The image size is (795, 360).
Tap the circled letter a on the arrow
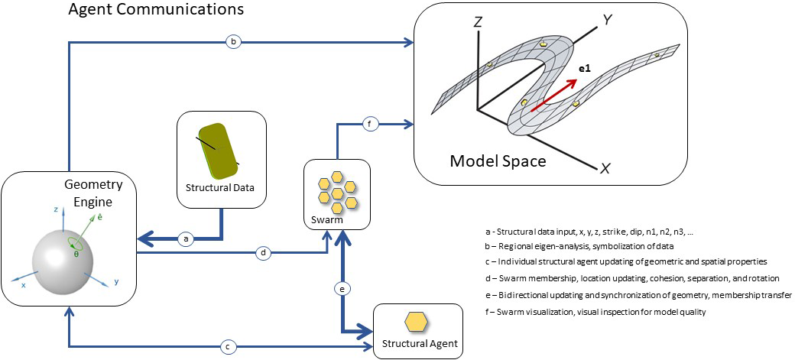184,238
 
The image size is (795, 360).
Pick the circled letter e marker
343,288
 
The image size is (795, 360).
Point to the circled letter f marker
369,124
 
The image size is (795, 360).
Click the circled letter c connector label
226,346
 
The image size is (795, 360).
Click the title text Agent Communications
156,10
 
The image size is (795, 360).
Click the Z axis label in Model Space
478,23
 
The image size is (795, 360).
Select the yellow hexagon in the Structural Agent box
416,322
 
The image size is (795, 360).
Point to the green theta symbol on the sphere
76,253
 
